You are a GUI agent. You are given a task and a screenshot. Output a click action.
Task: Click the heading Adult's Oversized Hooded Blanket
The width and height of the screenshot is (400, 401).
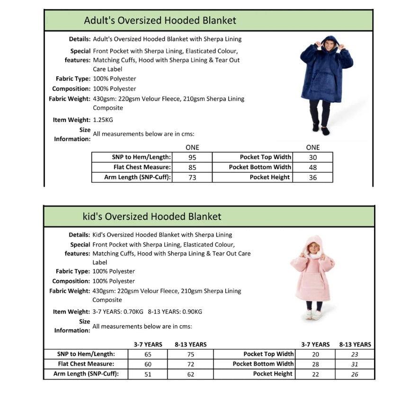(x=160, y=20)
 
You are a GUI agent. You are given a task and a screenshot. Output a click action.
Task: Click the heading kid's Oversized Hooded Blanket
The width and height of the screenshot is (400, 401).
(x=151, y=217)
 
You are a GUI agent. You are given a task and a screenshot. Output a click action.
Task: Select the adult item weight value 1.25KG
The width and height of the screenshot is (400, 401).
(x=103, y=120)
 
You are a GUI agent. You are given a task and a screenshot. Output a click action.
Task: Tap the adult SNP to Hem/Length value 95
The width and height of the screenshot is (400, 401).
(x=192, y=157)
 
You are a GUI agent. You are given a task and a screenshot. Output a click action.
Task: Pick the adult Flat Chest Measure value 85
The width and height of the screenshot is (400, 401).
(x=192, y=167)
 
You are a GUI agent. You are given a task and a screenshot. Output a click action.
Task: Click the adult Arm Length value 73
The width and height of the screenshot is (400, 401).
(x=192, y=177)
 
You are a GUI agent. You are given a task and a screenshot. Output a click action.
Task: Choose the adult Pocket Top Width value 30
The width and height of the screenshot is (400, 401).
(x=312, y=157)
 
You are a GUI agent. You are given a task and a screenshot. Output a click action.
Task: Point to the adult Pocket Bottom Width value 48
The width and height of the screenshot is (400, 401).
(x=312, y=167)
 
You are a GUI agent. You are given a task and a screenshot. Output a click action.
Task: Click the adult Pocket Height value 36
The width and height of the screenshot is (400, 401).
(x=312, y=177)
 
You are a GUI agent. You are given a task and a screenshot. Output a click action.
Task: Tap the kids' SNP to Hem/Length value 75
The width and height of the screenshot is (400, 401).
(x=190, y=354)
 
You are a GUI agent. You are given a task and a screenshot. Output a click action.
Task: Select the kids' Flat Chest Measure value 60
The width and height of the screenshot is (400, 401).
(x=148, y=364)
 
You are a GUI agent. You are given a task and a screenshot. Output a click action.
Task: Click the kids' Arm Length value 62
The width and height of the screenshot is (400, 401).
(x=190, y=374)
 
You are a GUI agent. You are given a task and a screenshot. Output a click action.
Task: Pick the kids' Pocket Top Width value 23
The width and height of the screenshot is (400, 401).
(x=355, y=354)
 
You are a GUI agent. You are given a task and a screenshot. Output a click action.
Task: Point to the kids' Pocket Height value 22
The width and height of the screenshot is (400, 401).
(x=315, y=374)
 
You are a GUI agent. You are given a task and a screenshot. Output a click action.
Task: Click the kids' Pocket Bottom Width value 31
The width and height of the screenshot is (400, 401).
(x=355, y=364)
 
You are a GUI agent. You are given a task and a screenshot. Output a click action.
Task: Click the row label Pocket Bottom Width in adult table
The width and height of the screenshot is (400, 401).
(x=260, y=167)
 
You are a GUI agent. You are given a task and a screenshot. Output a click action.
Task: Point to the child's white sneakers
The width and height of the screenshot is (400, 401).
(x=313, y=315)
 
